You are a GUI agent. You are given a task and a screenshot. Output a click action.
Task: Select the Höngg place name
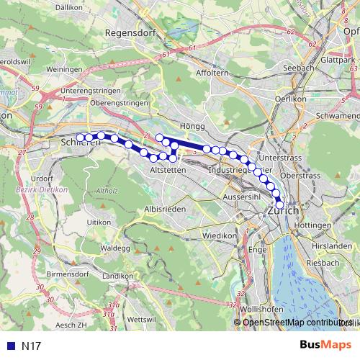[x=193, y=126]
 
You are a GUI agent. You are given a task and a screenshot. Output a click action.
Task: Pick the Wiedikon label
[x=219, y=236]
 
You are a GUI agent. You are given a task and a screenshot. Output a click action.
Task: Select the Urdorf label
[x=43, y=178]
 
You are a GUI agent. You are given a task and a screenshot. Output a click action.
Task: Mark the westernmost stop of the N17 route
[x=80, y=137]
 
